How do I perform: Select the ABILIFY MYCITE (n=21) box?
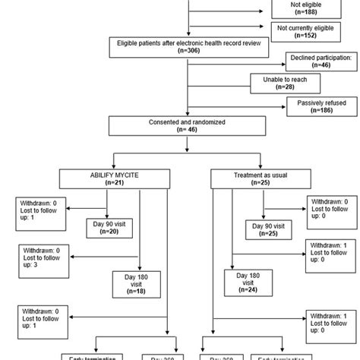coord(114,178)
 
